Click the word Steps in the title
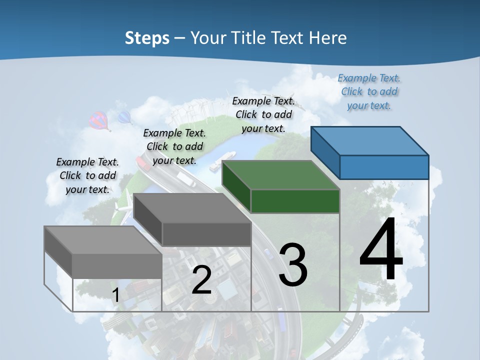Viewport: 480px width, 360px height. [147, 38]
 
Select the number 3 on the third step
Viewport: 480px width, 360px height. [293, 265]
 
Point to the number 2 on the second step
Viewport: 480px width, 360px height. [201, 280]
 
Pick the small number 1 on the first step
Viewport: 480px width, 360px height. [115, 295]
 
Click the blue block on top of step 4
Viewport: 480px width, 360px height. [370, 153]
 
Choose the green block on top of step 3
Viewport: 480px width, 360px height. [281, 187]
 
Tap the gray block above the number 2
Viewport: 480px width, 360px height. [192, 220]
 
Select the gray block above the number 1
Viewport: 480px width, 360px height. [103, 252]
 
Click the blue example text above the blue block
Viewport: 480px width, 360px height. [369, 91]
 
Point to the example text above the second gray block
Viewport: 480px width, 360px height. [174, 146]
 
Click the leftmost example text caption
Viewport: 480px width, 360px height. [87, 175]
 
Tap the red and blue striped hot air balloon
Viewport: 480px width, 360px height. [99, 120]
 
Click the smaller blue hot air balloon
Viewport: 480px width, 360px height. [124, 118]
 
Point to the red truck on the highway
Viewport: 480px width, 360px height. [142, 162]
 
